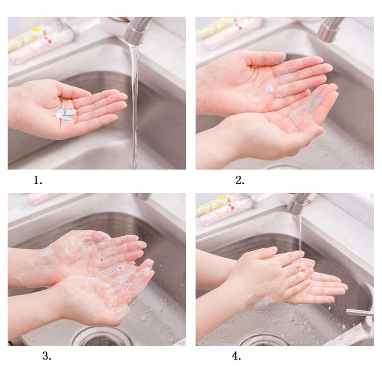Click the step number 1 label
coord(38,180)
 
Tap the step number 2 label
coord(240,180)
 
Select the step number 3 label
coord(47,356)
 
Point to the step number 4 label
coord(236,356)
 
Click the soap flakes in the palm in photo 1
coord(66,114)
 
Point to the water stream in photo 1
coord(135,107)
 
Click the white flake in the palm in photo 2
coord(269,89)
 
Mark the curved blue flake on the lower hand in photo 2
coord(316,100)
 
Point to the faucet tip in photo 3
coord(143,197)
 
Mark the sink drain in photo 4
coord(263,340)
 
